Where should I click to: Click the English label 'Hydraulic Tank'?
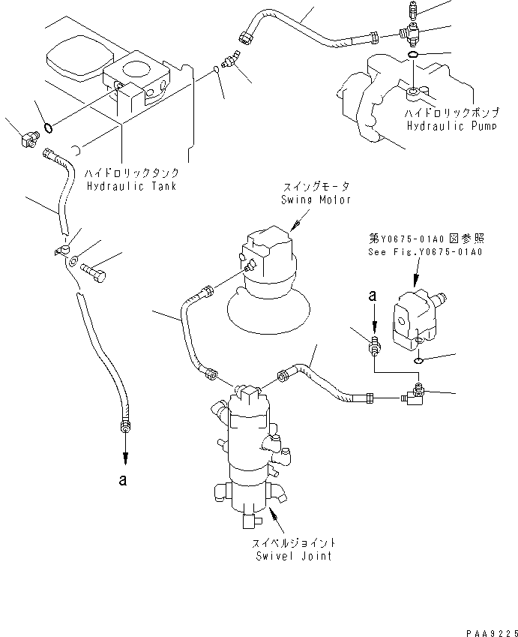tap(131, 185)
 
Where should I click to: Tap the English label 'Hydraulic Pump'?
tap(442, 128)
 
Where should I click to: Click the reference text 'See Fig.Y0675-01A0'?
tap(426, 252)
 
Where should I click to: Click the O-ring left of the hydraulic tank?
tap(49, 127)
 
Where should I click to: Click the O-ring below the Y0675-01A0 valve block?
tap(418, 359)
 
